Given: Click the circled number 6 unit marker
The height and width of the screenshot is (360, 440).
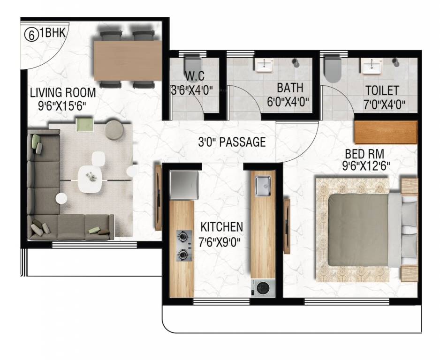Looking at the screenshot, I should click(31, 35).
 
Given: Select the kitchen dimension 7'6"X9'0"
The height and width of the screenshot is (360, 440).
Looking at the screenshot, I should click(222, 242).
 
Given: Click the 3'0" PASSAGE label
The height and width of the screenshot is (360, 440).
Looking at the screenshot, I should click(232, 142).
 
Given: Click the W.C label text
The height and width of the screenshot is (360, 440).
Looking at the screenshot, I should click(194, 75).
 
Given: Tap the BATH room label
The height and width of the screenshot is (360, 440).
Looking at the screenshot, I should click(289, 88).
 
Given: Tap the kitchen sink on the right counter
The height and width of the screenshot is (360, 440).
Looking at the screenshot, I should click(263, 186).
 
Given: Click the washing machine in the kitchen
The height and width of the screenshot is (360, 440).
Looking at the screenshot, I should click(263, 287).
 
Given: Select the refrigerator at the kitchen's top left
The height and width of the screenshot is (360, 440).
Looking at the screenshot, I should click(182, 185).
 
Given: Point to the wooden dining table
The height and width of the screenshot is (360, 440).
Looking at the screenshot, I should click(127, 60).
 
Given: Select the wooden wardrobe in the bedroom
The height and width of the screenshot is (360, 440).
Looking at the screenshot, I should click(385, 132).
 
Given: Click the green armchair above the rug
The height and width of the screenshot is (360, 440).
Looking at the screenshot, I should click(85, 125).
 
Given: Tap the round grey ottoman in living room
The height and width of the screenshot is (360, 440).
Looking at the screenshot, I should click(114, 129).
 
